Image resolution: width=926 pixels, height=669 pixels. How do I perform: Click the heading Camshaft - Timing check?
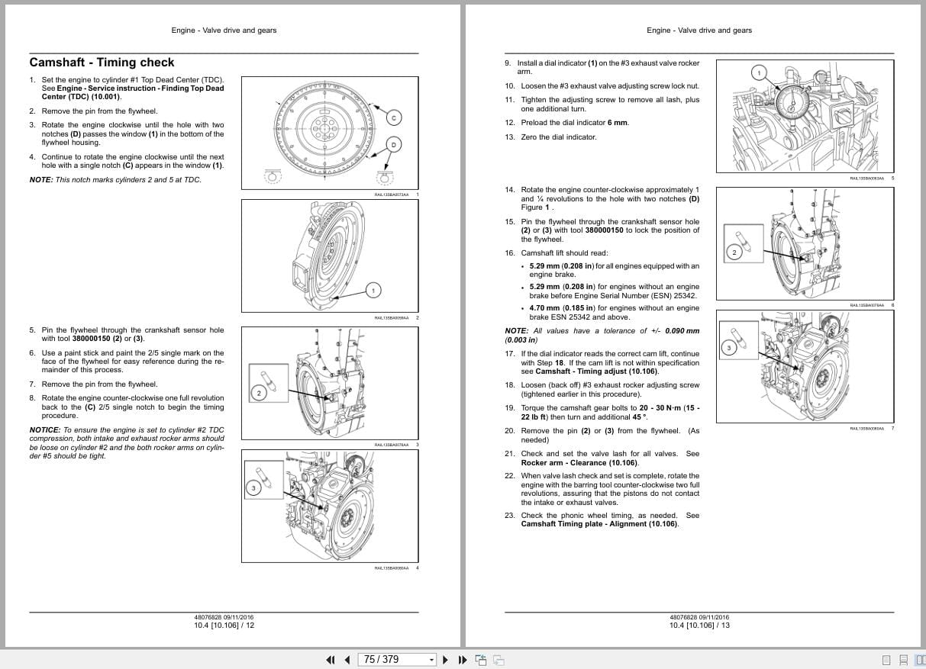[102, 63]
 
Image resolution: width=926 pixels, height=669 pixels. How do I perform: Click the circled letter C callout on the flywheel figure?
[394, 117]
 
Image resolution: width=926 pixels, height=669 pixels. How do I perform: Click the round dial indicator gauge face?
[791, 98]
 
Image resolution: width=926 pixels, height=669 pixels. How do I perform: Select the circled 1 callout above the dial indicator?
[758, 72]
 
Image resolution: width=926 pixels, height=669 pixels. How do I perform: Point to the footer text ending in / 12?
[224, 626]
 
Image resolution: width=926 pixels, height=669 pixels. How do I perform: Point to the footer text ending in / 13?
[699, 626]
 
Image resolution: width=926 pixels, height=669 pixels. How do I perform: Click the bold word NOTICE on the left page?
[44, 429]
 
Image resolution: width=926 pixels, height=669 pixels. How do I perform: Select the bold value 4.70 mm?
[545, 308]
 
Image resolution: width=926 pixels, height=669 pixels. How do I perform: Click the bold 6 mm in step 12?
[618, 123]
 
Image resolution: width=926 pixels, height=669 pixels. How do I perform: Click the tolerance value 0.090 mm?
[682, 331]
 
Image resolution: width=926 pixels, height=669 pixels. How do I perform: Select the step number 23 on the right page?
[509, 516]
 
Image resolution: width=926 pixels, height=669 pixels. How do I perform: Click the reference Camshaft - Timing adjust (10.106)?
[596, 371]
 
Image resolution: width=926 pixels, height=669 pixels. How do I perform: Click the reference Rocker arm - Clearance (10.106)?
[579, 463]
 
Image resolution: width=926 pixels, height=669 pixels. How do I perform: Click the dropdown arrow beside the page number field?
[431, 660]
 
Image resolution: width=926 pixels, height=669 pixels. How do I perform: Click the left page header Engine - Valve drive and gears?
[224, 31]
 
